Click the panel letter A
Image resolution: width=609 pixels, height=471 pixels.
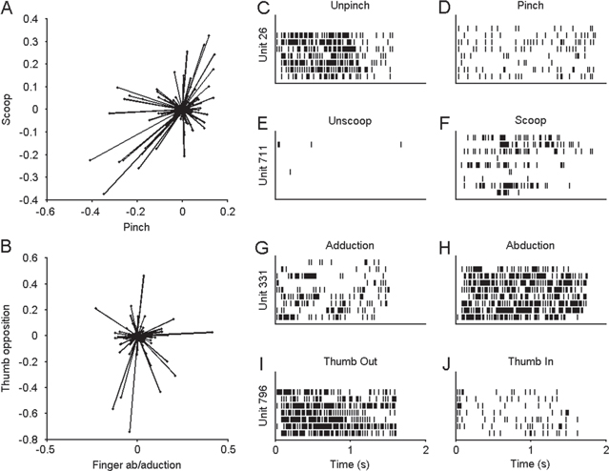8,9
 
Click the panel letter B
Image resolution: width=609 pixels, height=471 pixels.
8,240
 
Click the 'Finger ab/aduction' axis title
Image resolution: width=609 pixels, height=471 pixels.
138,463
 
